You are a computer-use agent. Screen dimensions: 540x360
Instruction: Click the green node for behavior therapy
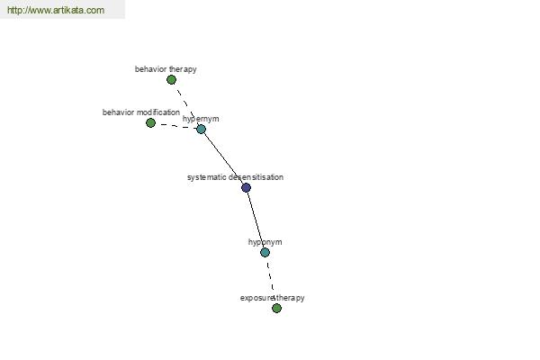point(171,80)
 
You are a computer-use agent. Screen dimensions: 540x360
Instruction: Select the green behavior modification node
point(150,122)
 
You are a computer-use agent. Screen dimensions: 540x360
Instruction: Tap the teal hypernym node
point(201,130)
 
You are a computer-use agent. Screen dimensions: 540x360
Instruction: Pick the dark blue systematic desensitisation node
point(246,188)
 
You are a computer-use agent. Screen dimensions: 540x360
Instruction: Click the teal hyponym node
point(265,253)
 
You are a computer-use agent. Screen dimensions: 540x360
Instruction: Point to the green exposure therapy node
point(276,309)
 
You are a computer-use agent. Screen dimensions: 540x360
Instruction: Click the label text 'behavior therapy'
point(166,69)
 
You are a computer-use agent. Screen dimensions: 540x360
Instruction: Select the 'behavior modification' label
point(141,112)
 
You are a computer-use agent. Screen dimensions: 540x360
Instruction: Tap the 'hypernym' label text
point(201,119)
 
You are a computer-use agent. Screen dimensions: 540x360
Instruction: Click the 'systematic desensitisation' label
point(235,177)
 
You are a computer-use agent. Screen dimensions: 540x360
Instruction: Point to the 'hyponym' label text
point(265,242)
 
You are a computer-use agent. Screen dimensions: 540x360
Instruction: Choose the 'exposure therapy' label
point(273,298)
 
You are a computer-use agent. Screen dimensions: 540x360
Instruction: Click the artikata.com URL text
point(56,10)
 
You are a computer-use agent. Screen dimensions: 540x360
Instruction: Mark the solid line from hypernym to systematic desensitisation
point(223,158)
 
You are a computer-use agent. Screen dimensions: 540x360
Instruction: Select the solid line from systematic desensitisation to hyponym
point(256,220)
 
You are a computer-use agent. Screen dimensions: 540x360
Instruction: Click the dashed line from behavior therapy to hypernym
point(186,104)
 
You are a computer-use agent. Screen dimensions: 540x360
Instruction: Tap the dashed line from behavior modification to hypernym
point(176,126)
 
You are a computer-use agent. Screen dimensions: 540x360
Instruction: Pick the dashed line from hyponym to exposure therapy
point(271,281)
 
